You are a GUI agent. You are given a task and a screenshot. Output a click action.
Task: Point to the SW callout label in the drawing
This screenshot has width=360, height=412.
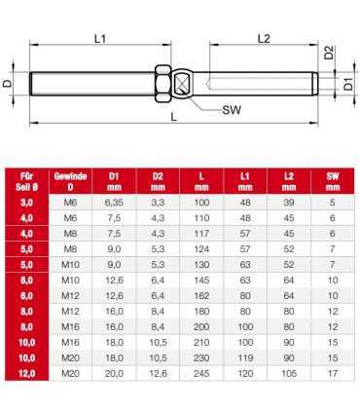[x=233, y=111]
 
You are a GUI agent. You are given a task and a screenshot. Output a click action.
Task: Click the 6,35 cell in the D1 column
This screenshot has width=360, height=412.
[x=116, y=202]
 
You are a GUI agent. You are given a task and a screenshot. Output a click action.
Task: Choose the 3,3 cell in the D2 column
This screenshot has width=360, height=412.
[x=159, y=202]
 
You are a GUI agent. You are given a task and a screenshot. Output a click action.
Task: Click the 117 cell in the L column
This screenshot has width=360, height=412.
[x=202, y=233]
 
